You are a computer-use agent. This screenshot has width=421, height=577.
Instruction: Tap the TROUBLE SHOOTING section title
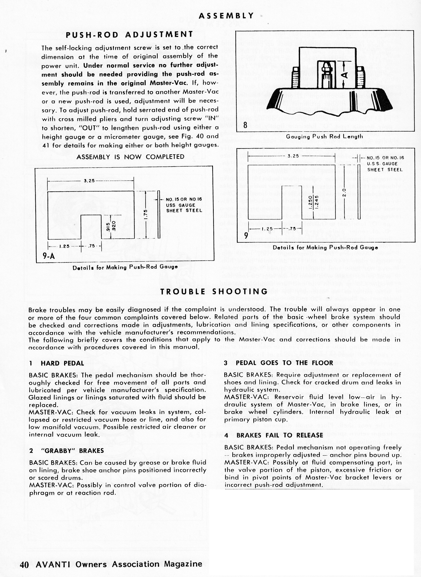(x=214, y=291)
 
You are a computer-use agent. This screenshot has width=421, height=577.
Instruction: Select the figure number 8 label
(x=245, y=125)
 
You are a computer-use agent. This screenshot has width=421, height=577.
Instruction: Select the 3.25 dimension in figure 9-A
(x=89, y=181)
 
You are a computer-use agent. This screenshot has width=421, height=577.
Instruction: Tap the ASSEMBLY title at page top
(x=226, y=16)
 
